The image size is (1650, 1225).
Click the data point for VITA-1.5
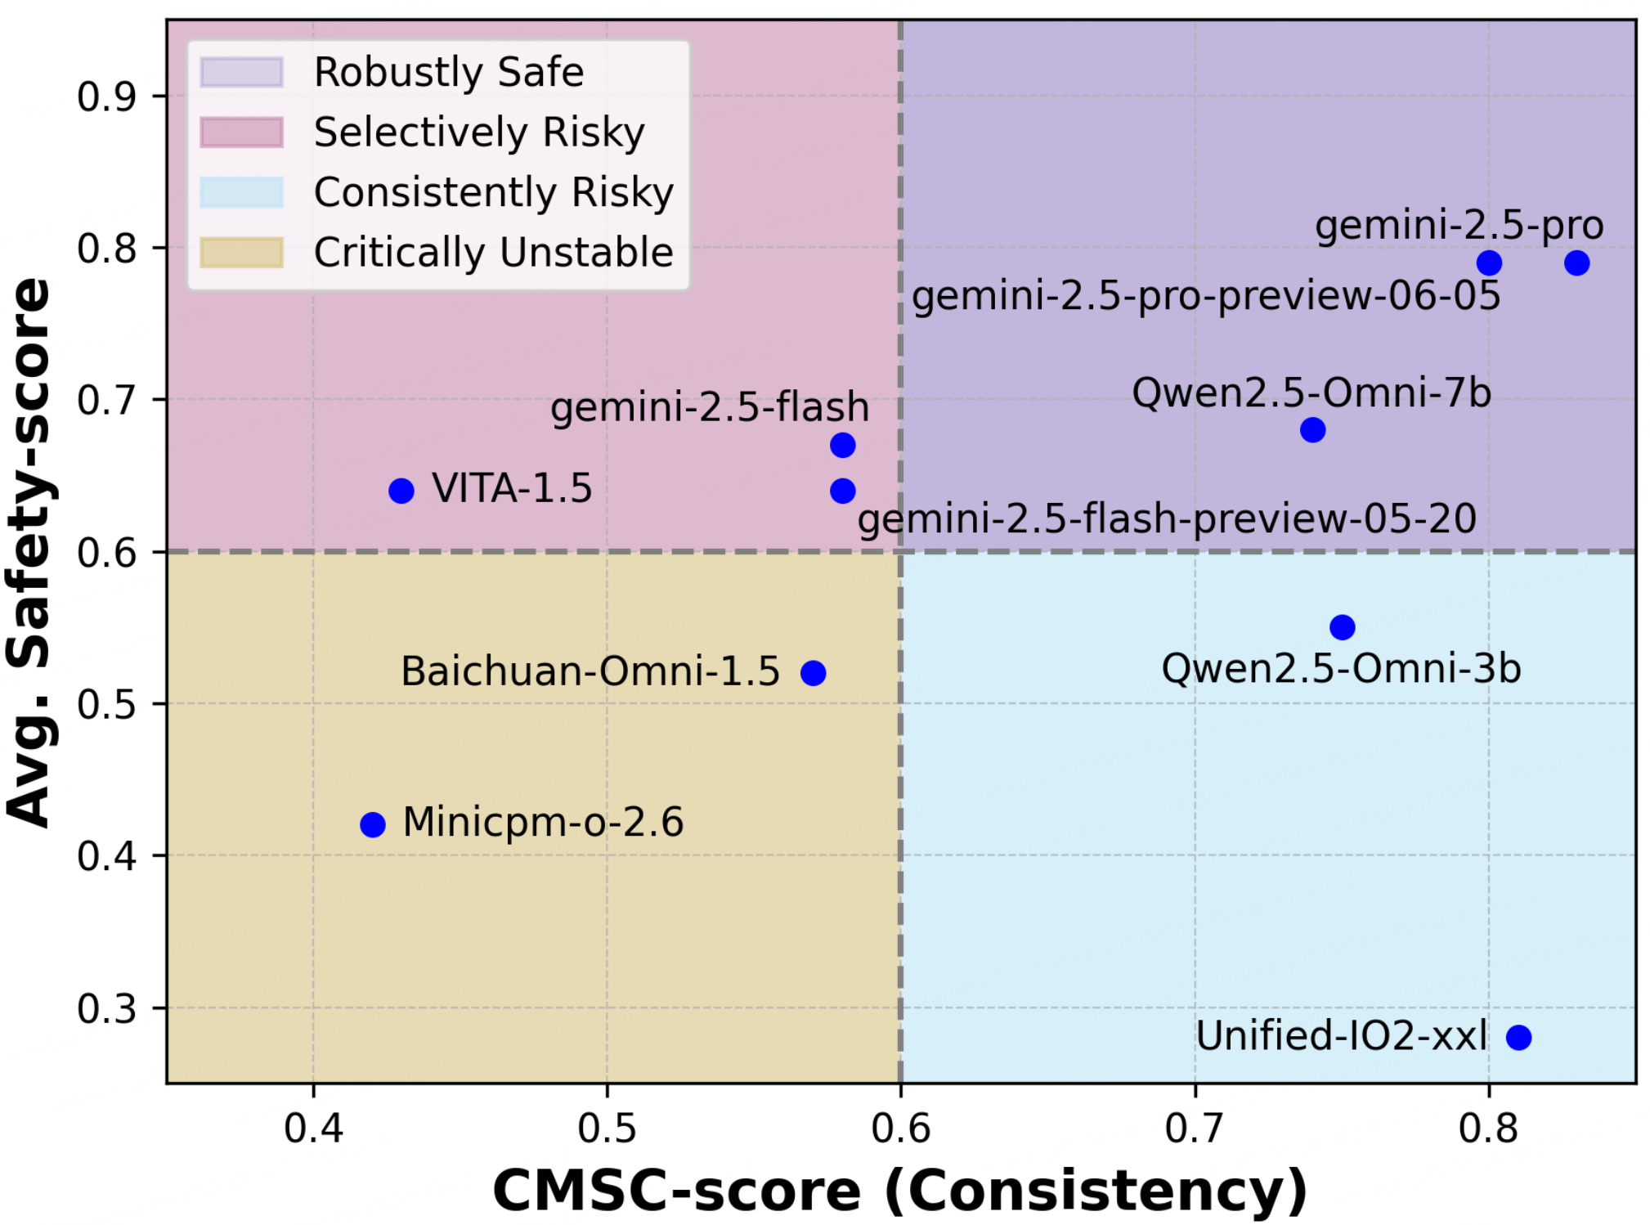click(401, 491)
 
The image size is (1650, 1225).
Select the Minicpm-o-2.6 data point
click(372, 824)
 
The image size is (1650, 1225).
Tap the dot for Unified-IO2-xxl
click(1518, 1037)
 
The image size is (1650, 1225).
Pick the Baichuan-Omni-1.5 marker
click(813, 673)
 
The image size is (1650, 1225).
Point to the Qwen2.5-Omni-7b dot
click(1312, 429)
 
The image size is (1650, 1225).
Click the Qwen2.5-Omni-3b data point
click(1342, 627)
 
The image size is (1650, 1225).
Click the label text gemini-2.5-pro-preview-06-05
click(1206, 296)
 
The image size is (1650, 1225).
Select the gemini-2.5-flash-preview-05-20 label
click(1167, 518)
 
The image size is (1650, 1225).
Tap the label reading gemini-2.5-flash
click(709, 406)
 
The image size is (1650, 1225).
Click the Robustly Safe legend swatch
click(242, 72)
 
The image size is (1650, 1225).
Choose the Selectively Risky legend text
click(479, 132)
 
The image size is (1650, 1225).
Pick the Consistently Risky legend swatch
click(242, 192)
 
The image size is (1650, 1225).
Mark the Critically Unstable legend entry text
click(493, 252)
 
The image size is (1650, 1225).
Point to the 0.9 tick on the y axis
click(106, 96)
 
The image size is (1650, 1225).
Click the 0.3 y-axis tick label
click(106, 1009)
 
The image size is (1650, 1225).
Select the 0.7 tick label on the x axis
click(1195, 1129)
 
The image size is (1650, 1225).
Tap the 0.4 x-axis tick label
click(313, 1129)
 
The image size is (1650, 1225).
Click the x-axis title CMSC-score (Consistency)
click(900, 1190)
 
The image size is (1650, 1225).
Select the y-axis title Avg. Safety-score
click(29, 552)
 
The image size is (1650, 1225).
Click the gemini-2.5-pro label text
click(1459, 226)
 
